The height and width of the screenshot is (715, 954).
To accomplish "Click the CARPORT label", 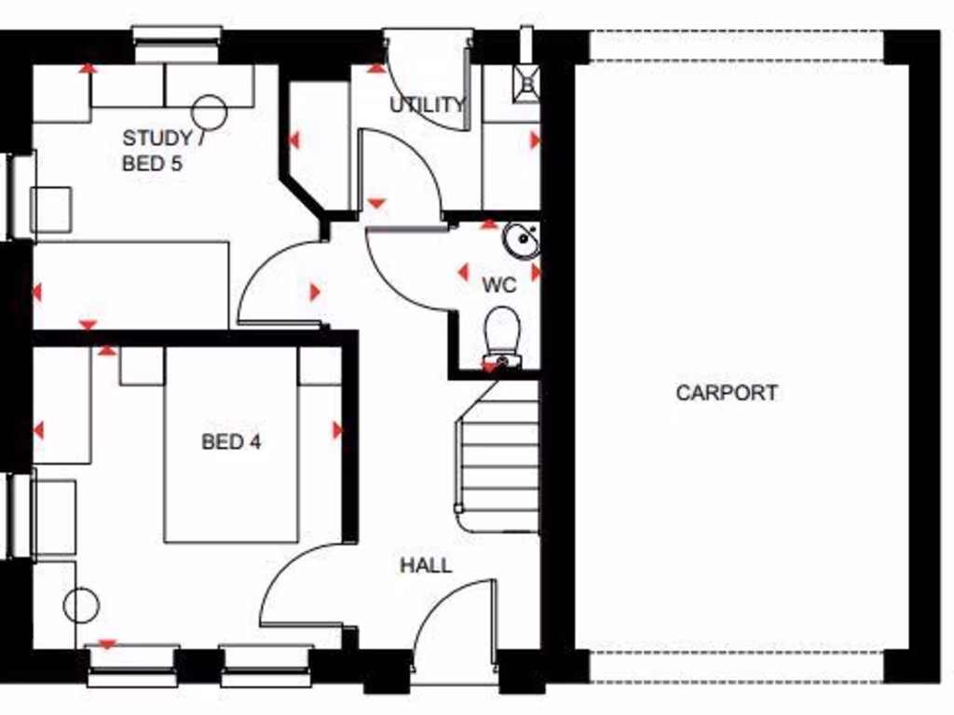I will click(x=727, y=393).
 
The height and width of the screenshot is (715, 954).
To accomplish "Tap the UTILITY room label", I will click(x=427, y=104).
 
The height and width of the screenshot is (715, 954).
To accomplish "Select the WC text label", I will click(x=498, y=284).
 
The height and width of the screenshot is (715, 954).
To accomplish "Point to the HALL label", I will click(x=426, y=565).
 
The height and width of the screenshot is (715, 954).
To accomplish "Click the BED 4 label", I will click(x=231, y=441).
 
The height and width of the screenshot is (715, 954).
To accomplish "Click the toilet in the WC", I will click(x=503, y=335).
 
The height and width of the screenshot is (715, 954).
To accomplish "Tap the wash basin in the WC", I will click(x=522, y=240).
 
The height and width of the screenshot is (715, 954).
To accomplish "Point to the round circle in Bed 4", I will click(x=81, y=606).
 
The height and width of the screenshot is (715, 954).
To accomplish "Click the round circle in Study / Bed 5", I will click(x=209, y=112).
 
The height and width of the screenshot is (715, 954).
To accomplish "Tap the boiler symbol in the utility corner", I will click(x=527, y=82).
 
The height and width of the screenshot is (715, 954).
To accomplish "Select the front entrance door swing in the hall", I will click(x=457, y=619).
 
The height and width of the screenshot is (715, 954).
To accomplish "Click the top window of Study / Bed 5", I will click(x=177, y=35).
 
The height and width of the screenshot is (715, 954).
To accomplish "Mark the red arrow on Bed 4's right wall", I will click(x=337, y=430).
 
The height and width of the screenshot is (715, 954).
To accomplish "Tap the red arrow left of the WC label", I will click(x=462, y=273).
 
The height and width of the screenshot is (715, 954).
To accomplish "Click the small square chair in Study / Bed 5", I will click(x=51, y=209).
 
